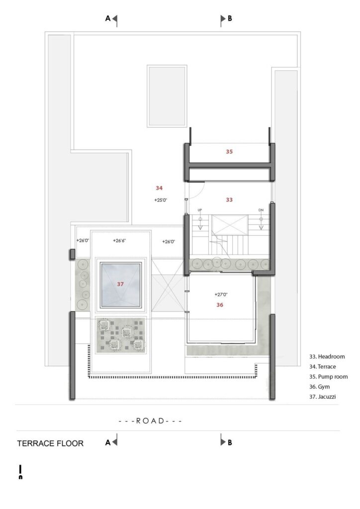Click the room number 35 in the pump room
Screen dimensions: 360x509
point(229,152)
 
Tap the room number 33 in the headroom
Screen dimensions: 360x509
point(229,200)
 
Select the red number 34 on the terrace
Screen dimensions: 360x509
point(159,188)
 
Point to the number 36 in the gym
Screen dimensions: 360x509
point(220,305)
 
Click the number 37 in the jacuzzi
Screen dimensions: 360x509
point(120,284)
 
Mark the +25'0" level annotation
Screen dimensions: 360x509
point(161,200)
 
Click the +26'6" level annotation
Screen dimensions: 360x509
point(119,241)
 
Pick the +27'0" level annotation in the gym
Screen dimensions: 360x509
point(221,294)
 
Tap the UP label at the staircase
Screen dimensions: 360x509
point(200,210)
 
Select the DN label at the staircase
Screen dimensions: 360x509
point(261,210)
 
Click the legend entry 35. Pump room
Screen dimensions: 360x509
point(328,377)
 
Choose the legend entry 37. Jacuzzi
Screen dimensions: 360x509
point(322,397)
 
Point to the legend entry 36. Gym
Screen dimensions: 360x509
point(319,387)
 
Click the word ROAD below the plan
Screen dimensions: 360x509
point(150,421)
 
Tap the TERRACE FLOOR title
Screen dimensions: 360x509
point(50,443)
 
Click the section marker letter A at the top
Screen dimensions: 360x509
point(108,18)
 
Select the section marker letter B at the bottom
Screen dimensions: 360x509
point(230,442)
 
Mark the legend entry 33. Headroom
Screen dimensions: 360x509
point(327,356)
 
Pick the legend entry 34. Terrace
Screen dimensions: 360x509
point(322,366)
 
